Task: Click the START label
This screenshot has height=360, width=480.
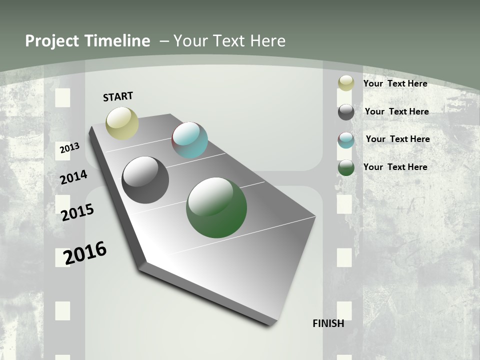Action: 118,96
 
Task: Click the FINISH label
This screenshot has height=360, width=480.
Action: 328,323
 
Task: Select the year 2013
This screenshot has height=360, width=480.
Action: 69,148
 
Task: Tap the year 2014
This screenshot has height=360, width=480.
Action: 73,177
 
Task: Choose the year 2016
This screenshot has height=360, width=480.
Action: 85,253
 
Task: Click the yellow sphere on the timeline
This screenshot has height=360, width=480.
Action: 122,123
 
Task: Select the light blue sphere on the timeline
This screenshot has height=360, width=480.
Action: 190,140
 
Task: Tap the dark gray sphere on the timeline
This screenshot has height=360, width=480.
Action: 145,180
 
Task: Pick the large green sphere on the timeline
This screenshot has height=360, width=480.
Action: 216,207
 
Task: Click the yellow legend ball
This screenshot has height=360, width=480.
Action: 346,83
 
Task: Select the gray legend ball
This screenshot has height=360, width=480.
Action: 346,112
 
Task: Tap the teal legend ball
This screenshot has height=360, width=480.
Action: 346,140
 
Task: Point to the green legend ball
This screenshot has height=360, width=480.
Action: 346,168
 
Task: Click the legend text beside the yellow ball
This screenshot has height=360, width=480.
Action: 395,83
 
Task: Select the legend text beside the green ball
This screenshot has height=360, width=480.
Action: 395,167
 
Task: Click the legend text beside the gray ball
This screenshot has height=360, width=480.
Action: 396,111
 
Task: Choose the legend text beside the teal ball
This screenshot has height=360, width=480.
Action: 397,139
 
